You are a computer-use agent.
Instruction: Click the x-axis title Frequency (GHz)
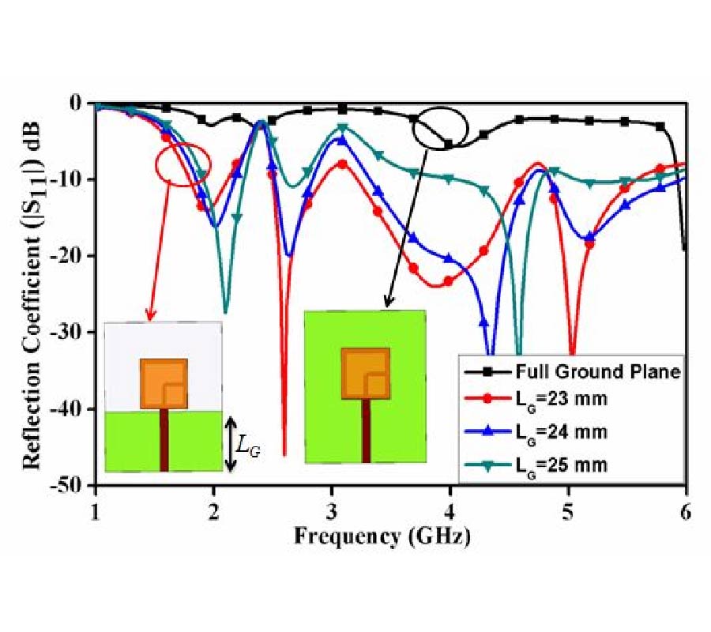point(383,536)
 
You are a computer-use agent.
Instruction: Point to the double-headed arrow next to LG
point(231,442)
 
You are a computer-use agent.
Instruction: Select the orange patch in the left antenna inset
point(164,383)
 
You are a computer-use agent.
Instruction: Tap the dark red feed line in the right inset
point(366,431)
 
